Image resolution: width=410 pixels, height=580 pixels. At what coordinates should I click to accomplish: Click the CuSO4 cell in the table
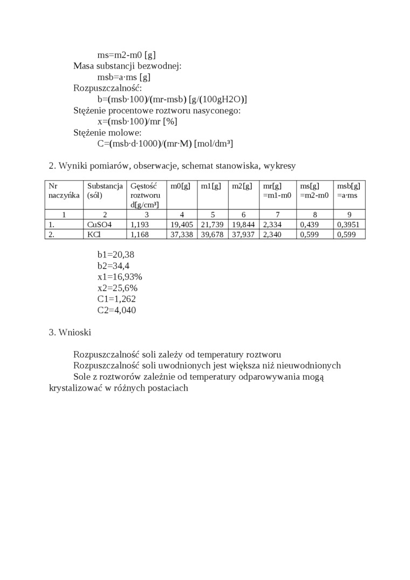99,225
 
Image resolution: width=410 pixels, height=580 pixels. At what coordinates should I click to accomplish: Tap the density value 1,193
140,225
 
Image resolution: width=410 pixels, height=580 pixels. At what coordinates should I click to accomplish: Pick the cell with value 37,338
181,235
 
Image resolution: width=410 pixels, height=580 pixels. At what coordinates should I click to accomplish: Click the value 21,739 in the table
212,225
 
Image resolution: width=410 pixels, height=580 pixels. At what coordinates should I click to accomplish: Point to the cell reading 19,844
243,225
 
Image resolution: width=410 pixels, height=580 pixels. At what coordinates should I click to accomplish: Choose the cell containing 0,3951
348,225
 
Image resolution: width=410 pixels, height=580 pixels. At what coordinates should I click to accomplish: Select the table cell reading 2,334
272,225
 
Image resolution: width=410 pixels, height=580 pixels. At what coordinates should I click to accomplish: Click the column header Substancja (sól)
105,190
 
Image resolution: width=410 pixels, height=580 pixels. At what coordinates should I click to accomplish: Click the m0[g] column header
180,186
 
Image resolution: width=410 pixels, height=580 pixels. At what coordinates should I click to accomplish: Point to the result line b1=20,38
112,254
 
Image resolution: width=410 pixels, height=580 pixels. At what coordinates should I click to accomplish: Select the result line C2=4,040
117,310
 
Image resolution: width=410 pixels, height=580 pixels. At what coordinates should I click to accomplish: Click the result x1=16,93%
120,276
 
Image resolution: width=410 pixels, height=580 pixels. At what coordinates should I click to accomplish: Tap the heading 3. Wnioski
70,332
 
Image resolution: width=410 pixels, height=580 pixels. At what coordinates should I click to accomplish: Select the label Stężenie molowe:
107,132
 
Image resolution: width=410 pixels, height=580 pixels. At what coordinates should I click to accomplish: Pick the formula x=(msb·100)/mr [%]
137,121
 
